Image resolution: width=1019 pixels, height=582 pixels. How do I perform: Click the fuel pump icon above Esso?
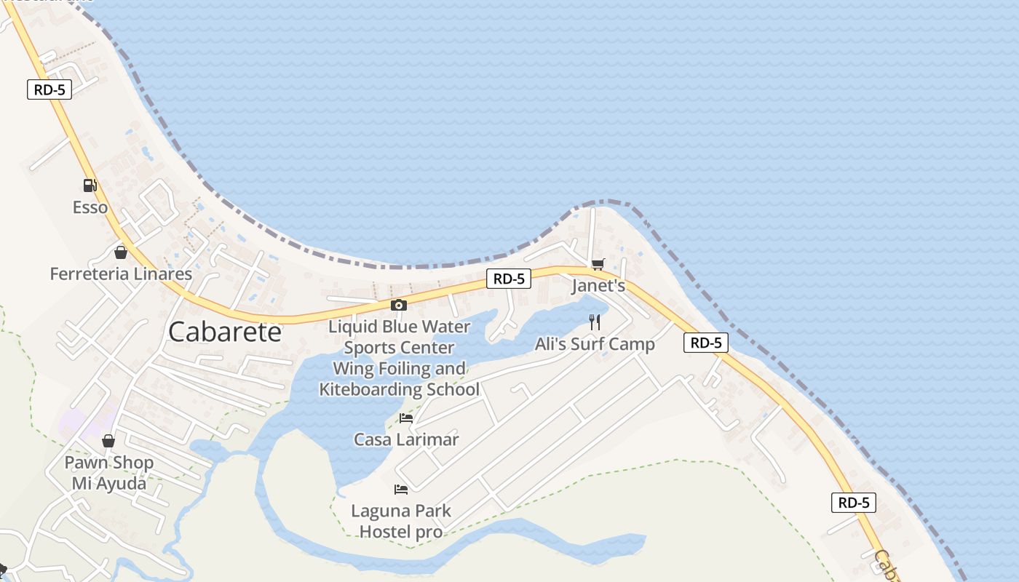(90, 186)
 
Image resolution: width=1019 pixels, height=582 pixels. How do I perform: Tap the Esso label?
(90, 207)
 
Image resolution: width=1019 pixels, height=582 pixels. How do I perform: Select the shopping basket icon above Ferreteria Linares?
(121, 252)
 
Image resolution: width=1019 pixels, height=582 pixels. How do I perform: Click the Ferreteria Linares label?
(121, 274)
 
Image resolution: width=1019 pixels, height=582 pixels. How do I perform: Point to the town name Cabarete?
(225, 332)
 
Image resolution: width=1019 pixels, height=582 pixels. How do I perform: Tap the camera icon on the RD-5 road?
(398, 305)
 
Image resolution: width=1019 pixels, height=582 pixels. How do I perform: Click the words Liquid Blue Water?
(400, 327)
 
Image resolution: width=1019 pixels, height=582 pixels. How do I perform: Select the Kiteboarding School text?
(400, 389)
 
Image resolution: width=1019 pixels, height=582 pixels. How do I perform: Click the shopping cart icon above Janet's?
(598, 264)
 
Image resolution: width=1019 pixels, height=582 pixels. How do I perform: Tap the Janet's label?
(598, 285)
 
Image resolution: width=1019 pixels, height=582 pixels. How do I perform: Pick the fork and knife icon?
(595, 322)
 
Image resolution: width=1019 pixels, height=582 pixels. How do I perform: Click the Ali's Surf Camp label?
(595, 344)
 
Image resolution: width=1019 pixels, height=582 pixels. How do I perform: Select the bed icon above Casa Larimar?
(406, 418)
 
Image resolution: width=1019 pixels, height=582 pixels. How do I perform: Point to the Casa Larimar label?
(406, 439)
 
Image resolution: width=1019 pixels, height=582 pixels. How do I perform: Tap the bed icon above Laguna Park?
(400, 489)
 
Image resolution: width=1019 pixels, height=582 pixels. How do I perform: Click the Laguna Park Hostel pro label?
(401, 521)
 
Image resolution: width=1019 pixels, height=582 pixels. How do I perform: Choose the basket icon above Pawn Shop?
(108, 441)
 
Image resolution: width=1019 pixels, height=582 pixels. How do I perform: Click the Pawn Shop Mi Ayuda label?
(109, 473)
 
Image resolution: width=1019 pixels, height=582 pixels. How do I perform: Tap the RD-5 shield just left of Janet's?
(509, 278)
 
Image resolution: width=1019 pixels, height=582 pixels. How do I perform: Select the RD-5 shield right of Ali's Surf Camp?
(706, 343)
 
